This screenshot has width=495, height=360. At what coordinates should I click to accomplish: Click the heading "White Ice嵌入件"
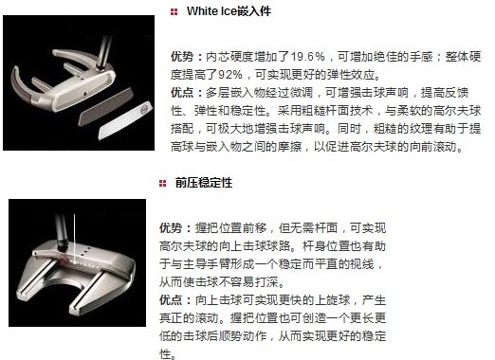pyautogui.click(x=229, y=11)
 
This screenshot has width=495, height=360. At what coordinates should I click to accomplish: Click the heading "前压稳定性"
pyautogui.click(x=204, y=183)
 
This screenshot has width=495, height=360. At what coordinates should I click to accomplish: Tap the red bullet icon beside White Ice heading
pyautogui.click(x=174, y=12)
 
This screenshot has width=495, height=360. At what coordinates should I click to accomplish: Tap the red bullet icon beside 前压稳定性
pyautogui.click(x=162, y=184)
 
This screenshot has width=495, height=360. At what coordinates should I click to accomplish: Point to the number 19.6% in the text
pyautogui.click(x=307, y=57)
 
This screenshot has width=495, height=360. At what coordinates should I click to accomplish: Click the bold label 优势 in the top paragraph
pyautogui.click(x=182, y=57)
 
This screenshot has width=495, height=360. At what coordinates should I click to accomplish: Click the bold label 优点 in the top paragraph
pyautogui.click(x=182, y=93)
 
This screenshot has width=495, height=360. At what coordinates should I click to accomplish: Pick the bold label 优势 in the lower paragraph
pyautogui.click(x=171, y=228)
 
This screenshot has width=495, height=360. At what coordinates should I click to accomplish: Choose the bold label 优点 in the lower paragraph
pyautogui.click(x=171, y=300)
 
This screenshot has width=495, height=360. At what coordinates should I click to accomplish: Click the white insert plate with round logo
pyautogui.click(x=125, y=120)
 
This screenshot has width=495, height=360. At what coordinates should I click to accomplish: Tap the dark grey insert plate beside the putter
pyautogui.click(x=106, y=107)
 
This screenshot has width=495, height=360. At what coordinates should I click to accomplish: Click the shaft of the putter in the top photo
pyautogui.click(x=105, y=51)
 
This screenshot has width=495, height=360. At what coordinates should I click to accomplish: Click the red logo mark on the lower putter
pyautogui.click(x=64, y=259)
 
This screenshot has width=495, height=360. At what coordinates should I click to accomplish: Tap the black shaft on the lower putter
pyautogui.click(x=61, y=230)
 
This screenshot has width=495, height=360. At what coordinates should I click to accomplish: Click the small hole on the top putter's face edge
pyautogui.click(x=85, y=94)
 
